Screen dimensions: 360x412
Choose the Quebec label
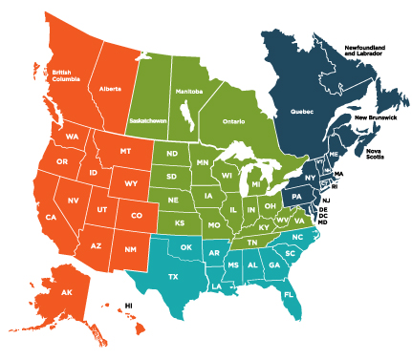pyautogui.click(x=290, y=112)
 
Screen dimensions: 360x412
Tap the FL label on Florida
pyautogui.click(x=288, y=294)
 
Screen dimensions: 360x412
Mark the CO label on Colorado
pyautogui.click(x=136, y=215)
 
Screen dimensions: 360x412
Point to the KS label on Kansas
pyautogui.click(x=178, y=222)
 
